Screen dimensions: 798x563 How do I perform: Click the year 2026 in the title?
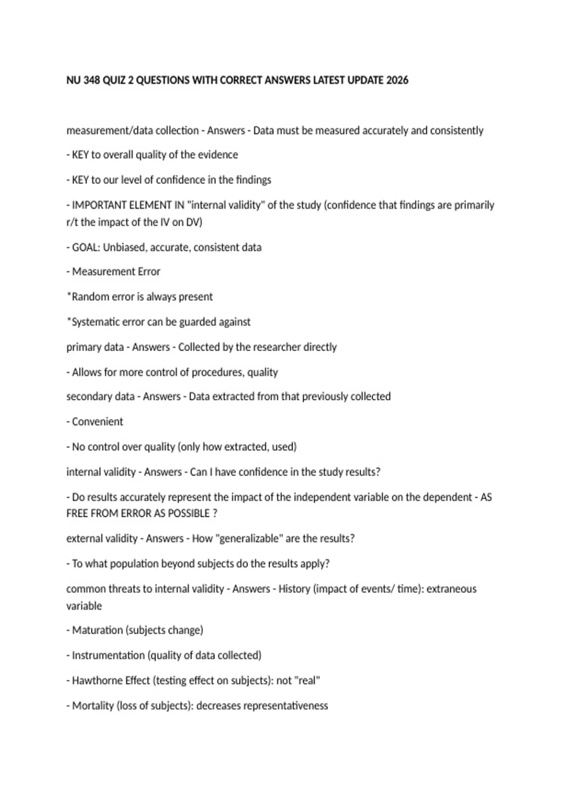(x=397, y=80)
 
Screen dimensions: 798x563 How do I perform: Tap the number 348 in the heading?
(x=91, y=80)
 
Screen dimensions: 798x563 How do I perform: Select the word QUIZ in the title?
(x=114, y=80)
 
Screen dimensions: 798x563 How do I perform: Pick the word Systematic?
(x=95, y=322)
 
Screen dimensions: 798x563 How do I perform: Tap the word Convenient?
(x=97, y=422)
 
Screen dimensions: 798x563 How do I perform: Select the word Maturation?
(x=97, y=630)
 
